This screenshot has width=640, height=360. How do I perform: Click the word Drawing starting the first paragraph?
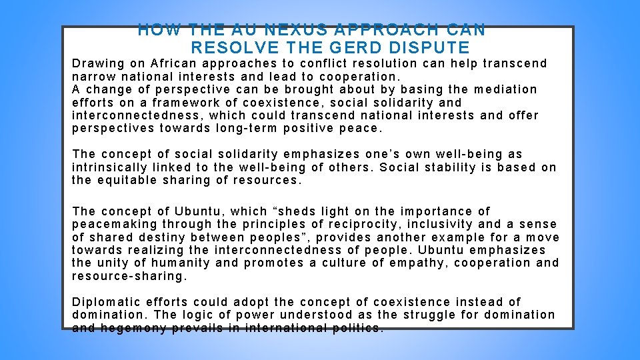coord(98,64)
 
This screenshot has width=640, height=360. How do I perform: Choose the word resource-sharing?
coord(127,275)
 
